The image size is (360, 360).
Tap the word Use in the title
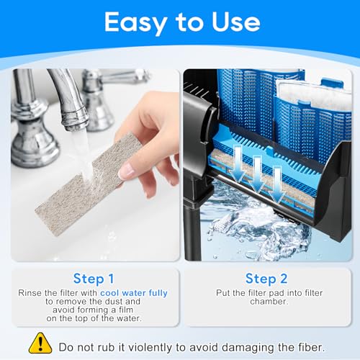pyautogui.click(x=235, y=22)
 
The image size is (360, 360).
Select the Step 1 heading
pyautogui.click(x=94, y=279)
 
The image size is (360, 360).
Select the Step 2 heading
pyautogui.click(x=266, y=279)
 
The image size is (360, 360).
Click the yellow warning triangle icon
pyautogui.click(x=40, y=343)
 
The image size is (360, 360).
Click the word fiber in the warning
pyautogui.click(x=312, y=347)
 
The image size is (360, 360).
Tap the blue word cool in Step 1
pyautogui.click(x=109, y=293)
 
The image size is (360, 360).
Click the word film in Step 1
pyautogui.click(x=126, y=310)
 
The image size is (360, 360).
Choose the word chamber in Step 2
pyautogui.click(x=269, y=302)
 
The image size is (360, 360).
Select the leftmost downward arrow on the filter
pyautogui.click(x=238, y=164)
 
